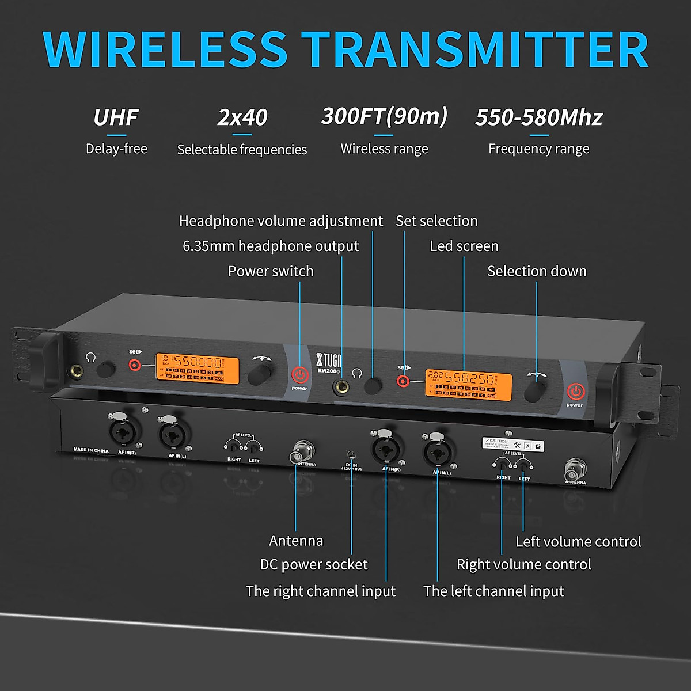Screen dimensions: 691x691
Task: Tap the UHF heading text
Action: [x=116, y=117]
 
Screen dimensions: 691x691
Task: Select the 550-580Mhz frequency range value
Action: [x=538, y=117]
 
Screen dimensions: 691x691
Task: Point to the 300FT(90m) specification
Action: [x=384, y=116]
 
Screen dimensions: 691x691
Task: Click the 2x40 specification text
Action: [x=242, y=117]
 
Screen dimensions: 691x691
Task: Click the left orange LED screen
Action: [x=197, y=367]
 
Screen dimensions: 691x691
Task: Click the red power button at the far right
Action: [x=575, y=392]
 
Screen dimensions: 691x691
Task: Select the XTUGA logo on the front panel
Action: [x=329, y=360]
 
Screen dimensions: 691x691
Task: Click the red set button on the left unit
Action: [x=135, y=365]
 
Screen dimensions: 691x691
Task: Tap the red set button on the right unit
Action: [x=403, y=381]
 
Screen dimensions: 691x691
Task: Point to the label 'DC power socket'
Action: [x=313, y=564]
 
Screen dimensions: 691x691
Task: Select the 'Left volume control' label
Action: [x=578, y=541]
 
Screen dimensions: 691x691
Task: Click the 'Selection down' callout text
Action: [x=537, y=271]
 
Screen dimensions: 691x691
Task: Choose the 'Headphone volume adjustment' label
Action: [x=280, y=221]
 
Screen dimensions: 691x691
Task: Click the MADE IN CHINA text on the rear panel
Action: [x=91, y=450]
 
